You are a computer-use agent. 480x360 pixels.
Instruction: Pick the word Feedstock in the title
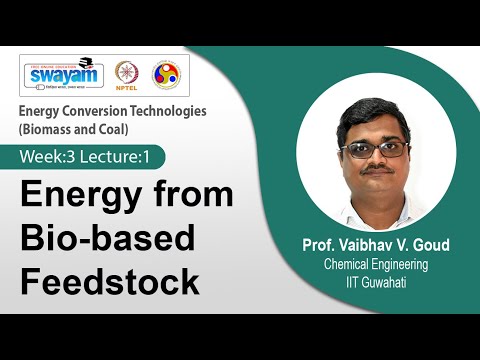[110, 281]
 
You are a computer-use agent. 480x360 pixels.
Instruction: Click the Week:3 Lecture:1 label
[91, 157]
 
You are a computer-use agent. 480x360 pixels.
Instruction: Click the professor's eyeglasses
[373, 149]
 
